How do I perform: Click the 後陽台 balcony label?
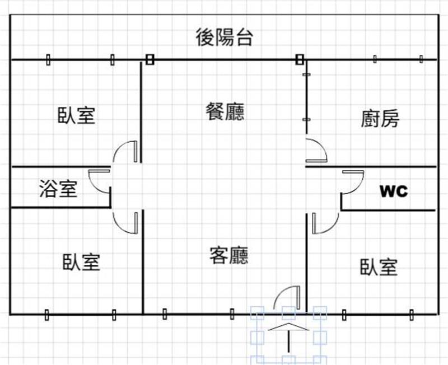tap(224, 38)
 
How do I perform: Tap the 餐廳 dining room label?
tap(225, 112)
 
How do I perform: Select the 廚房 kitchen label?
tap(380, 119)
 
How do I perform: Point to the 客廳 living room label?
tap(228, 256)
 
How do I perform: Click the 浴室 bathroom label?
tap(58, 189)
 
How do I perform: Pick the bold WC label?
tap(394, 191)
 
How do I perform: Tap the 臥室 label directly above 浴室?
tap(76, 115)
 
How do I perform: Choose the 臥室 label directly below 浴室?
tap(82, 261)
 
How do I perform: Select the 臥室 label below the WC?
tap(379, 267)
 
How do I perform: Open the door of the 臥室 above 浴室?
tap(125, 152)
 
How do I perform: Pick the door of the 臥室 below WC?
tap(325, 223)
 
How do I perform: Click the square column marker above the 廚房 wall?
tap(300, 59)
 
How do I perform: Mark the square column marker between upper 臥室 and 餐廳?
tap(149, 59)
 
